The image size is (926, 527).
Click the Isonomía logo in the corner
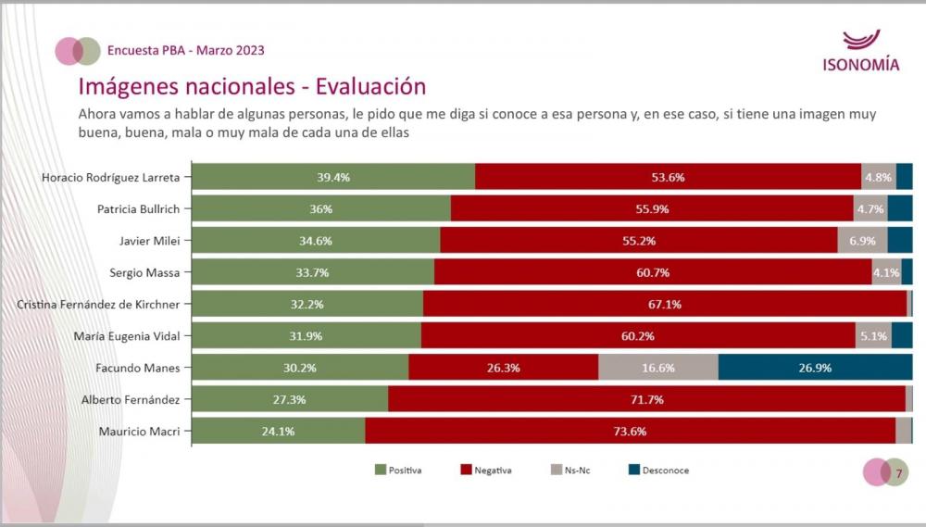(860, 52)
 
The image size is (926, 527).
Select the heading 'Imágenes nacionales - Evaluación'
(252, 87)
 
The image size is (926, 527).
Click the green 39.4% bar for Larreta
(333, 177)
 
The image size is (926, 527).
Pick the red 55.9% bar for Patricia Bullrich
(652, 208)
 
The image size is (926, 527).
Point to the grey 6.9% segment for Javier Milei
(862, 241)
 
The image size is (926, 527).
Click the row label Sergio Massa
(143, 272)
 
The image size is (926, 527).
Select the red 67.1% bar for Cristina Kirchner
(665, 304)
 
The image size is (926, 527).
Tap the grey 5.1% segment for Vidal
(873, 335)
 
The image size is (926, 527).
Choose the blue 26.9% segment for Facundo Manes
(815, 368)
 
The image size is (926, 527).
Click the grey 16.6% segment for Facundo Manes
(657, 368)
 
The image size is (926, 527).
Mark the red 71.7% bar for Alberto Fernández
(646, 399)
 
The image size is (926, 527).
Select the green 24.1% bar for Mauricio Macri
(279, 431)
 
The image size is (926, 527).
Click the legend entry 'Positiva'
(398, 471)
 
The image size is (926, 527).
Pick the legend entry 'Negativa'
(485, 471)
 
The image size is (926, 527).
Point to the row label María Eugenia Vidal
(128, 335)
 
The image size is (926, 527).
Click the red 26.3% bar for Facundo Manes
(503, 368)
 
